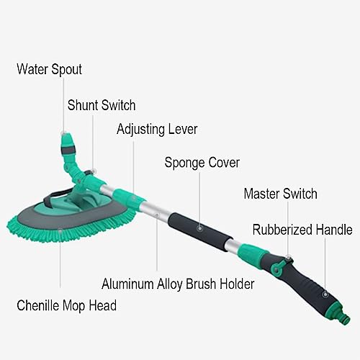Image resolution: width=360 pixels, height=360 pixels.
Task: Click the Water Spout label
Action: [50, 70]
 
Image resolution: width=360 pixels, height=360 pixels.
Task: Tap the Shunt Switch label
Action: [102, 105]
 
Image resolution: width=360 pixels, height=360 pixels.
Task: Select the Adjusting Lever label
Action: [157, 130]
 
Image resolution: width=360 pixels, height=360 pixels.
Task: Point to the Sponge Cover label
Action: [202, 163]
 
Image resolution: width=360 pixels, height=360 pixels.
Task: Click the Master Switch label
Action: [280, 194]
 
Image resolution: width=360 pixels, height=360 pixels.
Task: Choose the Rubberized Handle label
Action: [302, 230]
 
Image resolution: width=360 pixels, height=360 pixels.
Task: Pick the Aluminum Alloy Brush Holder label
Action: [178, 284]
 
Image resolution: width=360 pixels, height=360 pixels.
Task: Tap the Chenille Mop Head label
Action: [67, 305]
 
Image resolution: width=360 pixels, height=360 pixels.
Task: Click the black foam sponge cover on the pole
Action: [200, 231]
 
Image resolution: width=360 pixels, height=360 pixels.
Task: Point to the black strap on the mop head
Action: [56, 197]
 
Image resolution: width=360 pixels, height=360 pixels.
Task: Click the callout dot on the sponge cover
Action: [199, 228]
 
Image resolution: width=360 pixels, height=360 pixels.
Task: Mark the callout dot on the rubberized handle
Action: [325, 294]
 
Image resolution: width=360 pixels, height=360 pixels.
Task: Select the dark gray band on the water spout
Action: [68, 150]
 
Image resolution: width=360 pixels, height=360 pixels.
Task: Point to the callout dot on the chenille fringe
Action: [60, 230]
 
